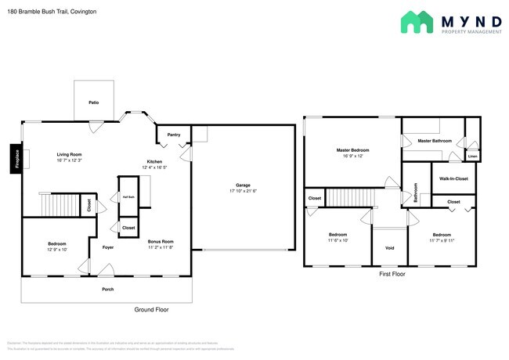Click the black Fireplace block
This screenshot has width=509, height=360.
16,159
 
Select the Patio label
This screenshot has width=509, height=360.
93,103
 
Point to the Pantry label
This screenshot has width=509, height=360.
174,135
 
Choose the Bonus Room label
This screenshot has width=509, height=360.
161,242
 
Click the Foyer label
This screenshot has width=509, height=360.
108,247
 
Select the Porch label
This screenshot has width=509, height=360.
107,290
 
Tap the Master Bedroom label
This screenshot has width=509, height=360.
353,149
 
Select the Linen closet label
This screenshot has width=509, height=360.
472,157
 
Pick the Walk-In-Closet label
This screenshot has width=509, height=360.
454,178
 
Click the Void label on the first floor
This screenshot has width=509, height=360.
389,249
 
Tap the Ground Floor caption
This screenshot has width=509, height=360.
150,309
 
